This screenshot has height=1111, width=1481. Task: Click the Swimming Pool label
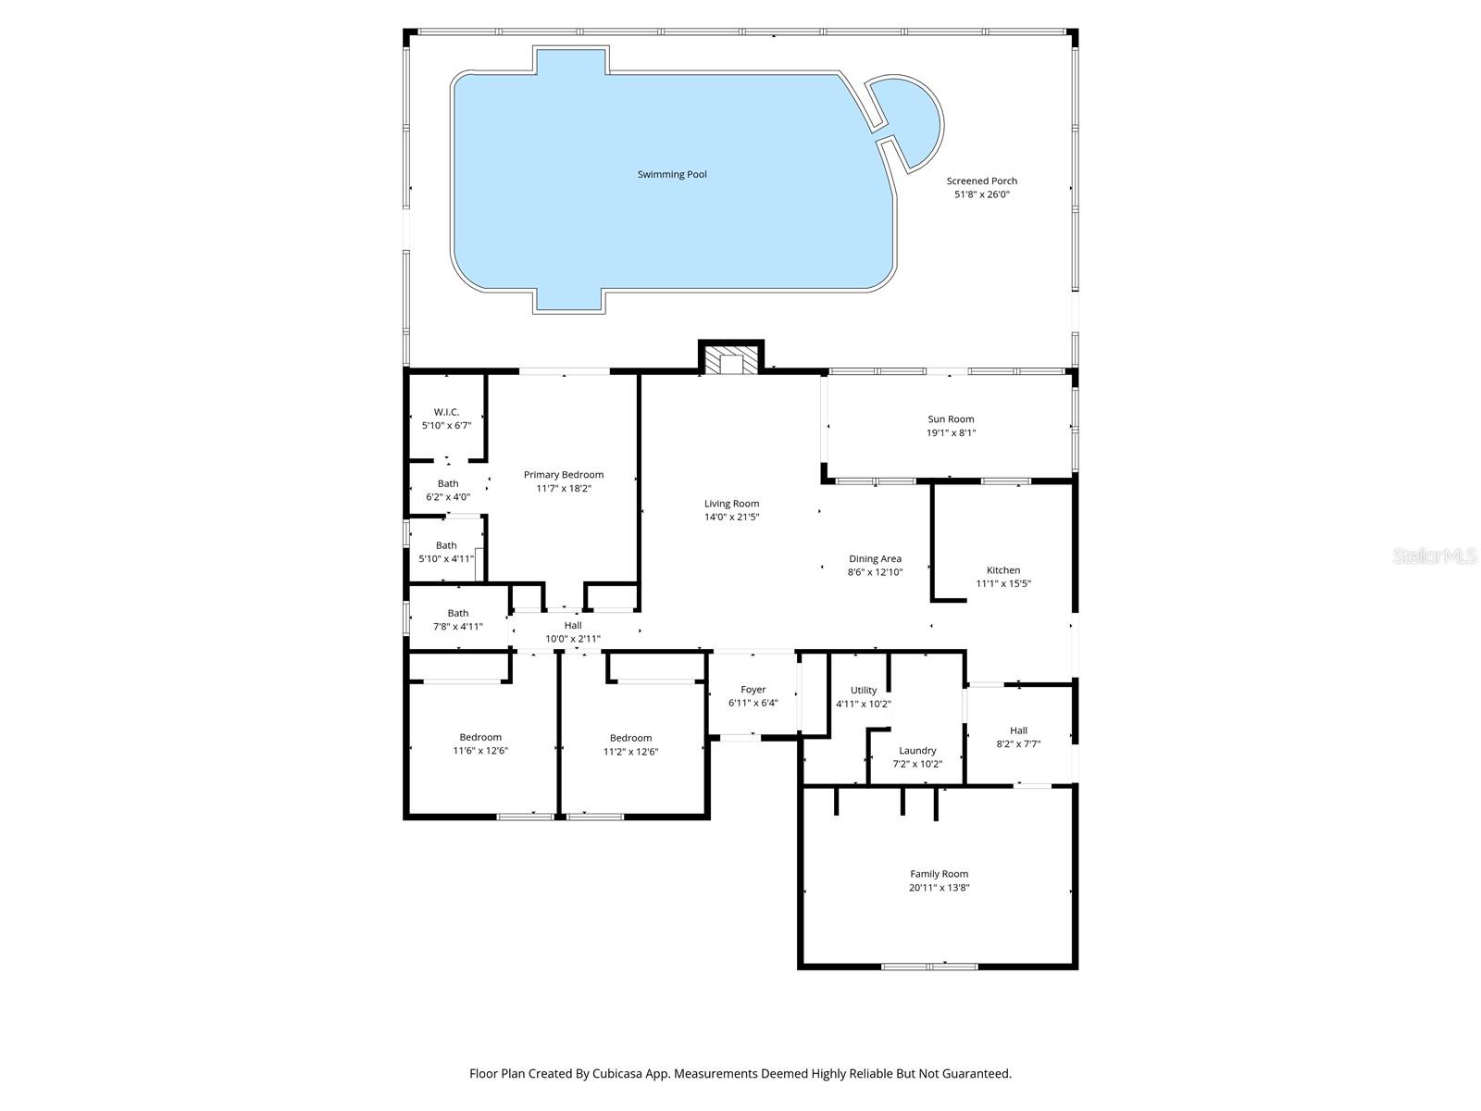coord(672,174)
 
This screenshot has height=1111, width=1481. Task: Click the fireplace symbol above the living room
coord(731,359)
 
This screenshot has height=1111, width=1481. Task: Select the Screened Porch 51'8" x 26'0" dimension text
coord(981,195)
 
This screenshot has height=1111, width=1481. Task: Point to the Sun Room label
coord(951,419)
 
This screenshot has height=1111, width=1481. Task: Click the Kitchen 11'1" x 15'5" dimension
coord(1003,584)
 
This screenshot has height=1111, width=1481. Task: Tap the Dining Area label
coord(875,559)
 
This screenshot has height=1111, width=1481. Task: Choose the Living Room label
coord(731,504)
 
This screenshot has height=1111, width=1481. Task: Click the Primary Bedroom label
coord(563,475)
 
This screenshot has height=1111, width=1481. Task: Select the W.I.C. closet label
coord(446,412)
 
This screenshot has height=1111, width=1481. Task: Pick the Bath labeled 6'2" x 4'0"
coord(448,491)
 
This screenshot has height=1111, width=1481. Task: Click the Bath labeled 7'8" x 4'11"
coord(457,619)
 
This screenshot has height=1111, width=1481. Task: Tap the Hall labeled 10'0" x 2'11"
coord(573,632)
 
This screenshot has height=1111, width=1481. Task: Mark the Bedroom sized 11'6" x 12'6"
coord(480,744)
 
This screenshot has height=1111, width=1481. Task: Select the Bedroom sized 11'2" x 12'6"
coord(630,744)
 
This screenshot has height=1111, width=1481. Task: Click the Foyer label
coord(753,690)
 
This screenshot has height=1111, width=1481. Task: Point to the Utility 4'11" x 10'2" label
coord(863,697)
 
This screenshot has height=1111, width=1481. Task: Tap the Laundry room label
coord(917,751)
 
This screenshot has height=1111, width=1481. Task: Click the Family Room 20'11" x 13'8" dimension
coord(939,888)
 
